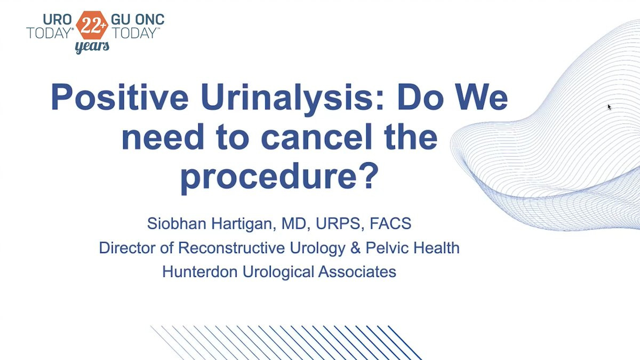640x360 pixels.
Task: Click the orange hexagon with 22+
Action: click(x=92, y=25)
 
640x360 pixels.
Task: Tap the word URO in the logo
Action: click(x=57, y=19)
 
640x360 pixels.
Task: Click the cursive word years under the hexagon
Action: click(x=92, y=46)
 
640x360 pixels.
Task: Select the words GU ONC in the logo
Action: click(x=138, y=19)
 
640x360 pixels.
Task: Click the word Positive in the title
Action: click(x=119, y=97)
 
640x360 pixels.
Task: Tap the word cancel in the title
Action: click(x=317, y=137)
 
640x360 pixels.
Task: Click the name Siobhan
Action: click(x=177, y=223)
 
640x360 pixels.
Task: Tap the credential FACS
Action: click(x=390, y=223)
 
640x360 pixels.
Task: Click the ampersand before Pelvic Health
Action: click(x=355, y=247)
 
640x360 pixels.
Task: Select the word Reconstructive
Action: click(x=231, y=247)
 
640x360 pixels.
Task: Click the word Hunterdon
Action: click(x=199, y=271)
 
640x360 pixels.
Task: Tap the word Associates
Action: click(x=357, y=271)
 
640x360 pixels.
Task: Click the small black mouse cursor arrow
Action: click(x=609, y=107)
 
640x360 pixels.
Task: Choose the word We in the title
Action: click(x=481, y=97)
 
